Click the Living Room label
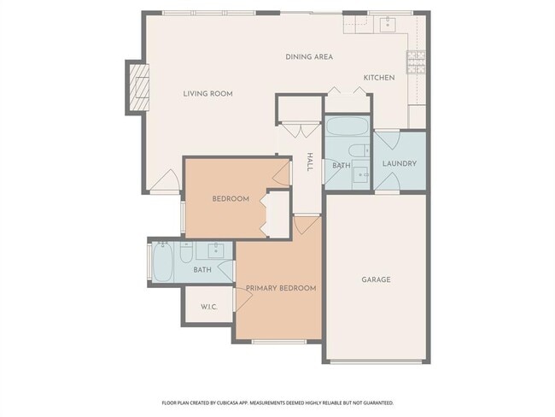207,94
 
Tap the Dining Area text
308,57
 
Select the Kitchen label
379,78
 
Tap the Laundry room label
399,163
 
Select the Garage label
376,279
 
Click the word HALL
310,162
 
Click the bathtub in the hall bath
347,129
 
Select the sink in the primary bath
213,250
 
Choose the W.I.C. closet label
209,307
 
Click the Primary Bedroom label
281,288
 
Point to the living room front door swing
166,181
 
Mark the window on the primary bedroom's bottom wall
278,341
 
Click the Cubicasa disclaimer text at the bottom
277,402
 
